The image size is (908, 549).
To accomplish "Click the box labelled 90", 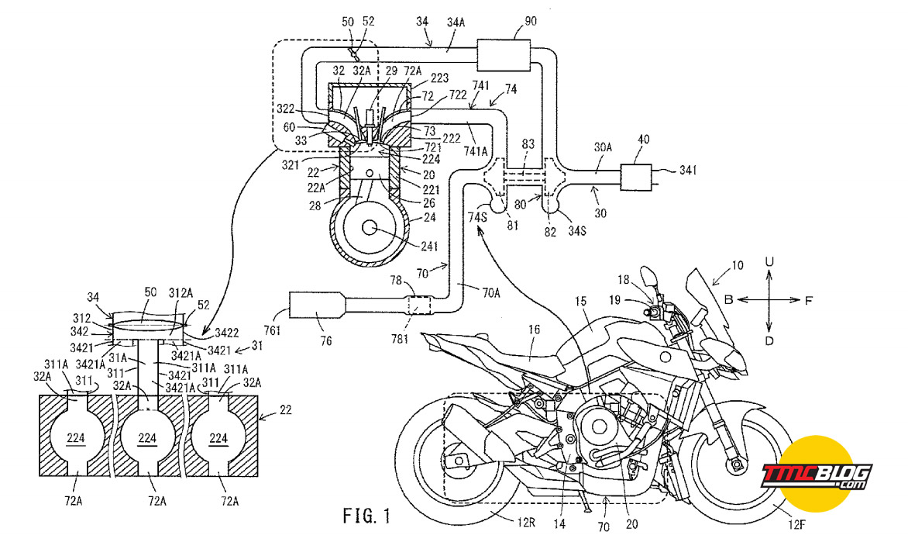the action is point(504,55).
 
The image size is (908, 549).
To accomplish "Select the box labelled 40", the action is point(636,177).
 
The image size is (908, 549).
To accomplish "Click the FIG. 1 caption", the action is point(366,516).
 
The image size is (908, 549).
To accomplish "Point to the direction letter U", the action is point(769,262).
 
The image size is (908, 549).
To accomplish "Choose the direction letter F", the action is point(808,300).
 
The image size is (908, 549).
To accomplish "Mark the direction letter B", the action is point(728,300).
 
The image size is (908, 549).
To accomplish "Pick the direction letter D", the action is point(769,341).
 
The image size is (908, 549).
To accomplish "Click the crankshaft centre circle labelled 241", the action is point(369,228).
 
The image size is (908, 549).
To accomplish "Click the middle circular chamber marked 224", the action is point(147,437).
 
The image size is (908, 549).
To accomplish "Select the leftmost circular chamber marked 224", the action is point(77,437).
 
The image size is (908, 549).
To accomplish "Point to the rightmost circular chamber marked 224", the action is point(218,437).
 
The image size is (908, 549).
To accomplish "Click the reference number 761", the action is point(272,330).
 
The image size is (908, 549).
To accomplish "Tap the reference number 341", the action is point(688,170).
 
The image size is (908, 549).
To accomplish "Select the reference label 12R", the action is point(526,523).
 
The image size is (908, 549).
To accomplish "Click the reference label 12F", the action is point(796,525).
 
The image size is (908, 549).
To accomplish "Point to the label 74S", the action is point(478,217).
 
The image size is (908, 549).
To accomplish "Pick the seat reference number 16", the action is point(534,330).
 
